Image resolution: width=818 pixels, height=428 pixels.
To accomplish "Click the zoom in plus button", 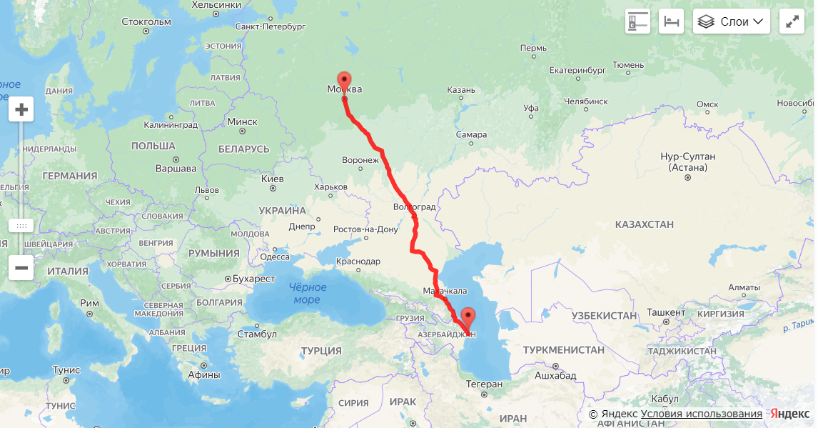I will tap(21, 109).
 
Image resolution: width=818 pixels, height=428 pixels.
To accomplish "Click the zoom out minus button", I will tap(21, 268).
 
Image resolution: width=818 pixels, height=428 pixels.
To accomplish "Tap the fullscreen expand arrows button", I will tap(792, 21).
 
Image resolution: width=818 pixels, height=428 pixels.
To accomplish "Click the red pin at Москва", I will tap(344, 81).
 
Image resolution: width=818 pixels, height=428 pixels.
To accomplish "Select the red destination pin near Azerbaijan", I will tap(468, 317).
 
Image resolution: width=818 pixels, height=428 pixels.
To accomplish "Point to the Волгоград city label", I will tap(414, 207).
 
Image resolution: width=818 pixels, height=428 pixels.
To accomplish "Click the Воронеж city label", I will tap(360, 160).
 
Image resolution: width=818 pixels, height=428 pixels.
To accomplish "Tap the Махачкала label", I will tap(445, 291).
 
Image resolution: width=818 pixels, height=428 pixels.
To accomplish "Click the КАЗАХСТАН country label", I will tap(644, 224).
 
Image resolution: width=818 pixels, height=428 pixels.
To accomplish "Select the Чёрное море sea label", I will tap(308, 293).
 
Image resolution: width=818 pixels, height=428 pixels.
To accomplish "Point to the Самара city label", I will tap(471, 134).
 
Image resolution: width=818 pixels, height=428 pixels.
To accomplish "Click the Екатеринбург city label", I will tap(577, 70).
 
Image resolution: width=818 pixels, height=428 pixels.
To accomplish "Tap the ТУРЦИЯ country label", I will tap(321, 351).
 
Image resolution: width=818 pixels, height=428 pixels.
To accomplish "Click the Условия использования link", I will tap(701, 414).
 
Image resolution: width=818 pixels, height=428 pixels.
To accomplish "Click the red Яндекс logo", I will tap(789, 414).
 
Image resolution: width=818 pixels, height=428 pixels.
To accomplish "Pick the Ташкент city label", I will tap(665, 313).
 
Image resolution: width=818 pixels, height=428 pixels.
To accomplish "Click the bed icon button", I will tap(671, 21).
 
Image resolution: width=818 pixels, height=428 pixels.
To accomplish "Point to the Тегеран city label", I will tap(484, 384).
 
